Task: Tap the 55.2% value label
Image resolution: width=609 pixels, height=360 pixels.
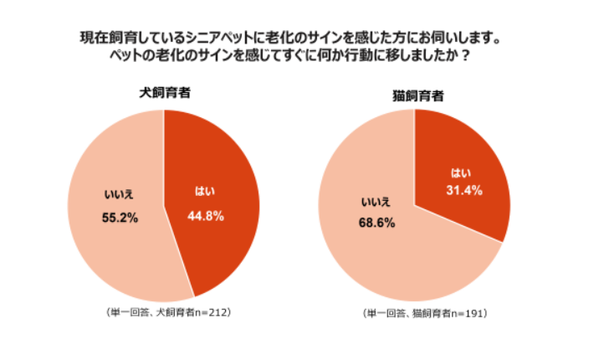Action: coord(117,217)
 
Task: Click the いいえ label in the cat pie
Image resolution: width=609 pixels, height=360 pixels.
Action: coord(377,203)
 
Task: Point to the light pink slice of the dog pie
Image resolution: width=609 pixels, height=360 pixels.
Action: coord(109,251)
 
